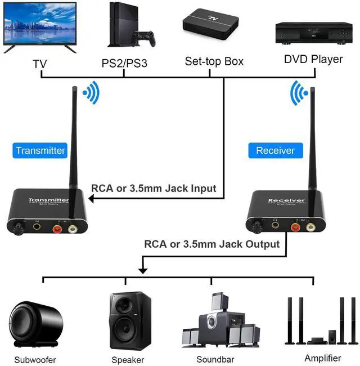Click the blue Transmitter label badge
tap(40, 150)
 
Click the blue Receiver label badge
tap(275, 150)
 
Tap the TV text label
tap(40, 63)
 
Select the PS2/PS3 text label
tap(124, 63)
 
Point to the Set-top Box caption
tap(214, 61)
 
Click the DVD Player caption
tap(313, 59)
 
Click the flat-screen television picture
tap(40, 27)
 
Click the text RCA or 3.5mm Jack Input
tap(154, 189)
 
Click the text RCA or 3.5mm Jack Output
tap(211, 244)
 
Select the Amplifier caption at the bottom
tap(322, 358)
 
